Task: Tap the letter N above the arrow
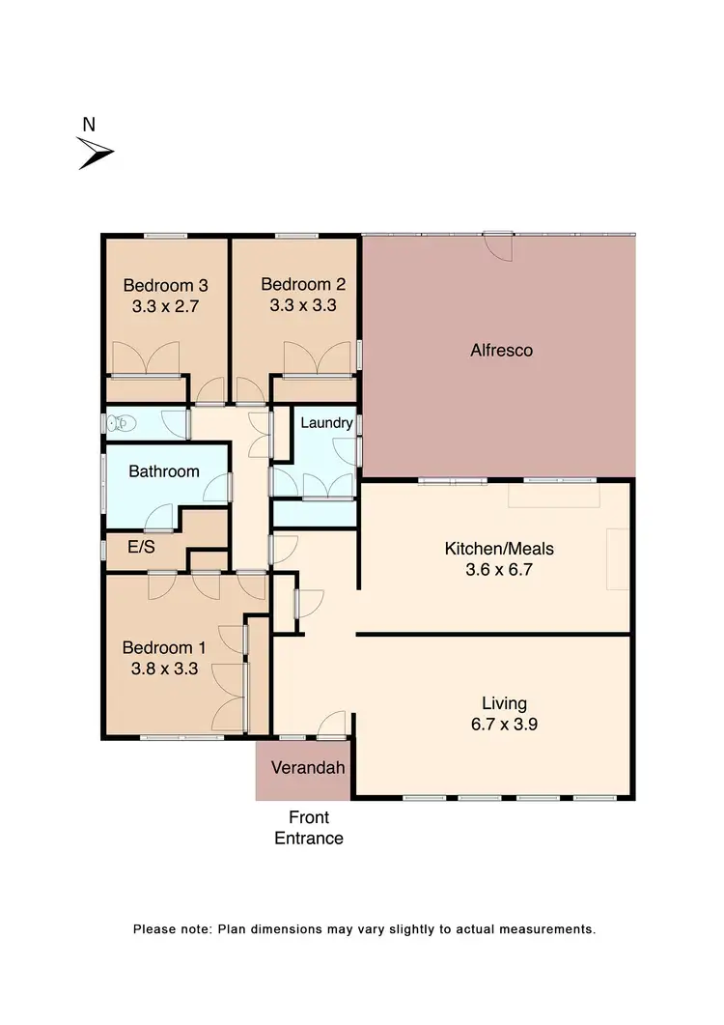pyautogui.click(x=89, y=124)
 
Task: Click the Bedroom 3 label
pyautogui.click(x=165, y=285)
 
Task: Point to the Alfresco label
pyautogui.click(x=501, y=350)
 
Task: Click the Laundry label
pyautogui.click(x=326, y=423)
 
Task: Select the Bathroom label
pyautogui.click(x=164, y=471)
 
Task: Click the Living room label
pyautogui.click(x=505, y=702)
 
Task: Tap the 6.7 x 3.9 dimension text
pyautogui.click(x=505, y=724)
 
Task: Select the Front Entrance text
pyautogui.click(x=309, y=828)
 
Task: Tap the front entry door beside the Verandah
pyautogui.click(x=332, y=726)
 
